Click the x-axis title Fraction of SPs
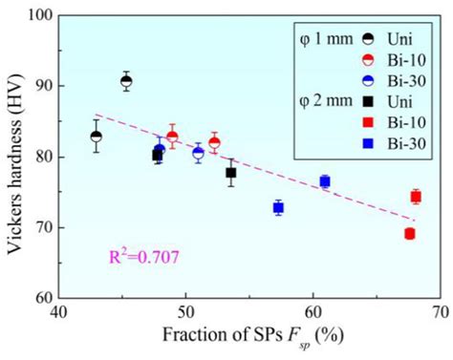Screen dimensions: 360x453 (251, 338)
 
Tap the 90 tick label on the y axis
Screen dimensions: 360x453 (44, 86)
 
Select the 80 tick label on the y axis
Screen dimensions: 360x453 (44, 157)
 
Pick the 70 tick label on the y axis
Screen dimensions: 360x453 (44, 227)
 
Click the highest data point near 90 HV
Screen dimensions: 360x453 (126, 81)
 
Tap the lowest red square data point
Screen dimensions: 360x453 (409, 233)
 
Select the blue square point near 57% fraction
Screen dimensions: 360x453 (278, 207)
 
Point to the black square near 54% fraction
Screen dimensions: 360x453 (231, 173)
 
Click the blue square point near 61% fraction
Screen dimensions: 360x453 (325, 181)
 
